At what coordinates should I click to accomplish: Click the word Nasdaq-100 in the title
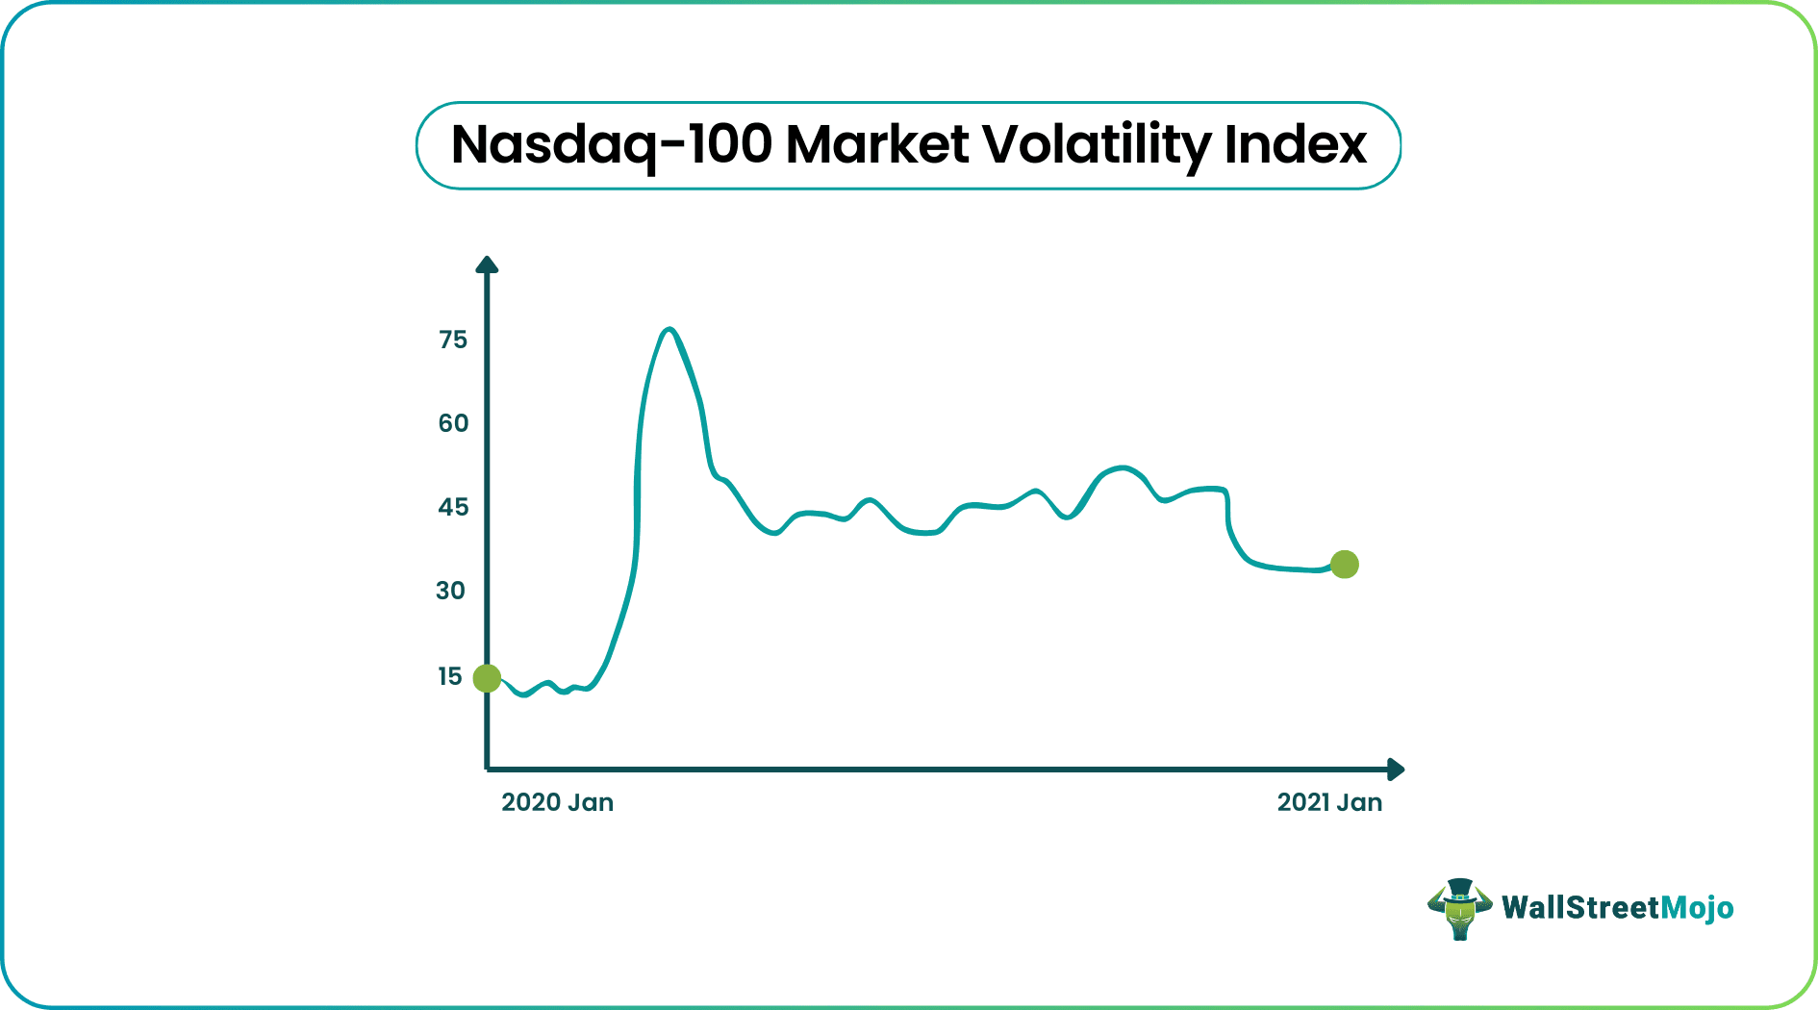[612, 145]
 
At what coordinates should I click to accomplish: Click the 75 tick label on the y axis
[453, 340]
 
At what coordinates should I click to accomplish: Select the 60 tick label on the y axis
[453, 423]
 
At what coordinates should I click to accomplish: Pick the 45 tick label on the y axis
[453, 507]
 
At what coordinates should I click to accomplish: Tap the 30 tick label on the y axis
[450, 591]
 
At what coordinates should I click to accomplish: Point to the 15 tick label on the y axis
[450, 676]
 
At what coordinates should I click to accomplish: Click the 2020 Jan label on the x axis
[557, 802]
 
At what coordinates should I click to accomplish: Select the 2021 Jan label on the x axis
[1329, 802]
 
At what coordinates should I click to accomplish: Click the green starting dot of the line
[487, 678]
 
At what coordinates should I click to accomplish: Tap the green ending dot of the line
[1345, 565]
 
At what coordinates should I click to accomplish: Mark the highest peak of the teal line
[669, 330]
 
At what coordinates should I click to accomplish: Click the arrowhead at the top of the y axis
[487, 265]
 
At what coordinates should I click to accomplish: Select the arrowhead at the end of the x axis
[1397, 770]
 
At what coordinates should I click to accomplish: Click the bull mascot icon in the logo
[1459, 909]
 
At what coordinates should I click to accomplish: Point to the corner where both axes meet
[487, 770]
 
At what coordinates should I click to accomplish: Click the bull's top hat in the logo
[1460, 888]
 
